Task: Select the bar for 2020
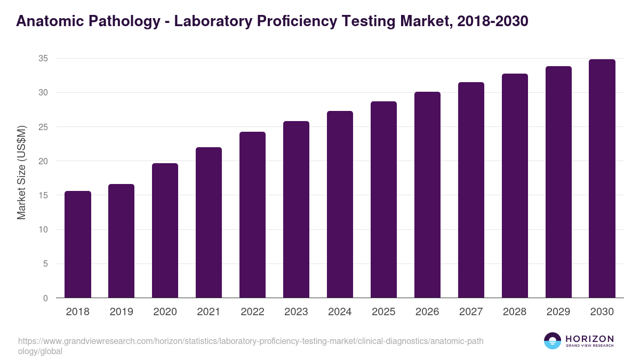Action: pos(165,230)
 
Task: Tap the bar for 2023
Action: pos(296,210)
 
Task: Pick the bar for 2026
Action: pos(427,195)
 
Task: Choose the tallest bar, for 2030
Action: pos(602,179)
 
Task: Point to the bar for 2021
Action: pos(209,222)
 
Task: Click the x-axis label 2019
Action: pos(122,312)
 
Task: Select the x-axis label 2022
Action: pos(252,312)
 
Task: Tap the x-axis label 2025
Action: pos(383,312)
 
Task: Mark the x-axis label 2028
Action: pos(515,312)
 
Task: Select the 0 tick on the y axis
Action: pos(45,298)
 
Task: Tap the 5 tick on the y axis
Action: pos(45,264)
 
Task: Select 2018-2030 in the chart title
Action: pos(493,21)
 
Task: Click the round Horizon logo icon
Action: pos(553,341)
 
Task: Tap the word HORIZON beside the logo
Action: pos(589,339)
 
